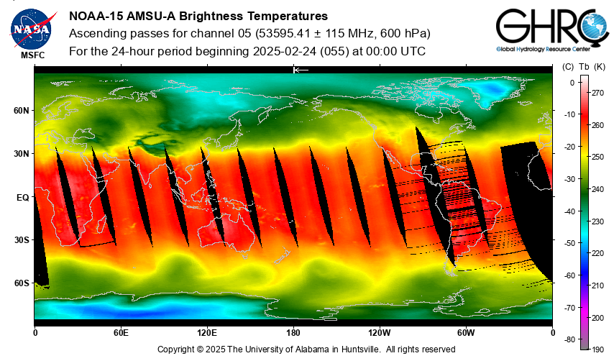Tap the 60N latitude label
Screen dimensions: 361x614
click(x=22, y=111)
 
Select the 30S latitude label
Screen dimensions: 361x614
click(x=22, y=239)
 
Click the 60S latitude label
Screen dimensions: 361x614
click(x=22, y=283)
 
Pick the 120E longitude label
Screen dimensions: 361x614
click(x=207, y=333)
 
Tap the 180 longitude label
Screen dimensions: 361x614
click(x=293, y=333)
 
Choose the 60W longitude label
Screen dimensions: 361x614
click(x=466, y=333)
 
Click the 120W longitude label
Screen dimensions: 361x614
click(x=380, y=333)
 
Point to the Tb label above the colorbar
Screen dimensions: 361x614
click(x=584, y=67)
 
